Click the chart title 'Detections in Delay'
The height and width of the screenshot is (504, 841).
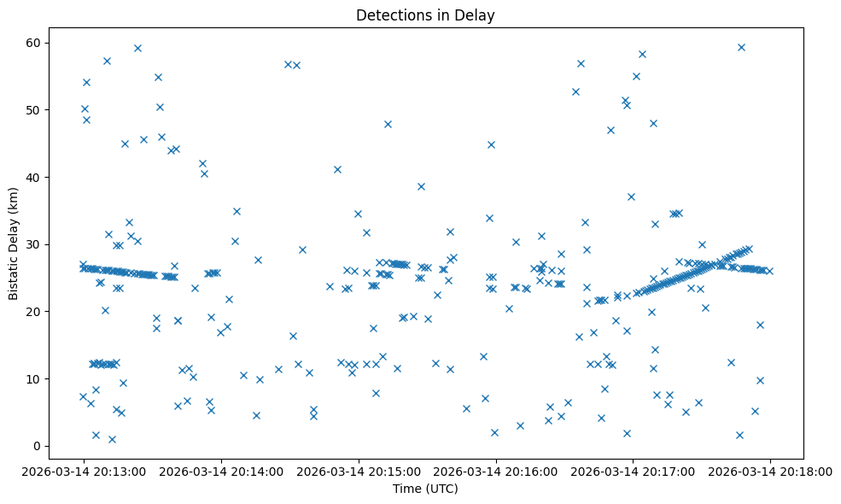[x=425, y=15]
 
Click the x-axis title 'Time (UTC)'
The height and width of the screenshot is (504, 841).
[x=425, y=489]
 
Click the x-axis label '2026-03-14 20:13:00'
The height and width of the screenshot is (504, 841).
[x=83, y=471]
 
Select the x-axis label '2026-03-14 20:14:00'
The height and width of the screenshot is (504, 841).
[x=220, y=471]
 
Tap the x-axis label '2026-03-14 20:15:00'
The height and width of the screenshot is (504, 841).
[x=358, y=471]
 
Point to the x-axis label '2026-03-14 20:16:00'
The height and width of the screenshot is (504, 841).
[x=495, y=471]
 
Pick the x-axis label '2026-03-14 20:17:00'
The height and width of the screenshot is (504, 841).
[x=633, y=471]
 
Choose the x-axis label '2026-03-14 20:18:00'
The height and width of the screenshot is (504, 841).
[x=770, y=471]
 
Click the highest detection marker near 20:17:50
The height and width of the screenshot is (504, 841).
[x=741, y=47]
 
